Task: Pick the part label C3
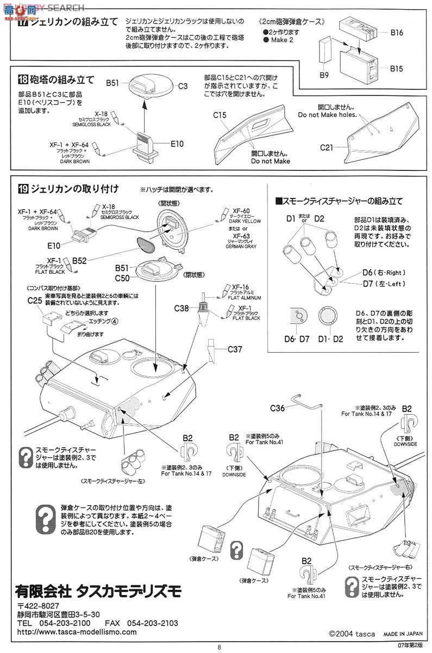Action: [183, 86]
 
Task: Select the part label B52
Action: [80, 261]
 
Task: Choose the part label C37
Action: [235, 349]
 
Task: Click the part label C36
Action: [278, 406]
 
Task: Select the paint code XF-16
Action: [241, 287]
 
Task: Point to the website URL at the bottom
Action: [77, 632]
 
